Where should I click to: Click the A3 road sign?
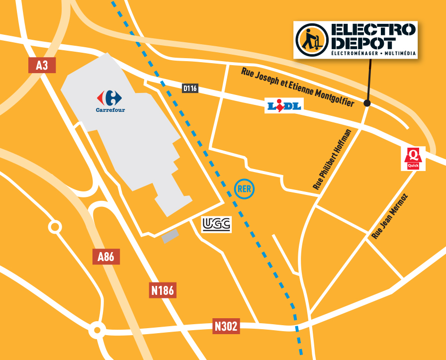click(42, 65)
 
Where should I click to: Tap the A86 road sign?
click(106, 257)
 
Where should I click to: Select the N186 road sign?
click(163, 290)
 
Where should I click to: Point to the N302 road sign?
click(226, 326)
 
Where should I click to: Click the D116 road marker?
click(190, 89)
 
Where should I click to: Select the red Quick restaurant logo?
click(413, 159)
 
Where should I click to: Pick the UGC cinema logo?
click(216, 225)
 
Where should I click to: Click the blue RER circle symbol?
click(244, 188)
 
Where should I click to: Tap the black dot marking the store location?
click(367, 103)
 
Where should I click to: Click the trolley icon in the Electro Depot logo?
click(311, 39)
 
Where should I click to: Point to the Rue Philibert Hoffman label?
click(332, 159)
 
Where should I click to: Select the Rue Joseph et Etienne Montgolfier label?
click(297, 88)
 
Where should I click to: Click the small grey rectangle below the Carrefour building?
click(169, 236)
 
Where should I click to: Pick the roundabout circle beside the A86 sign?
click(55, 227)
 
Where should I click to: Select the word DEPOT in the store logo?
click(363, 43)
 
